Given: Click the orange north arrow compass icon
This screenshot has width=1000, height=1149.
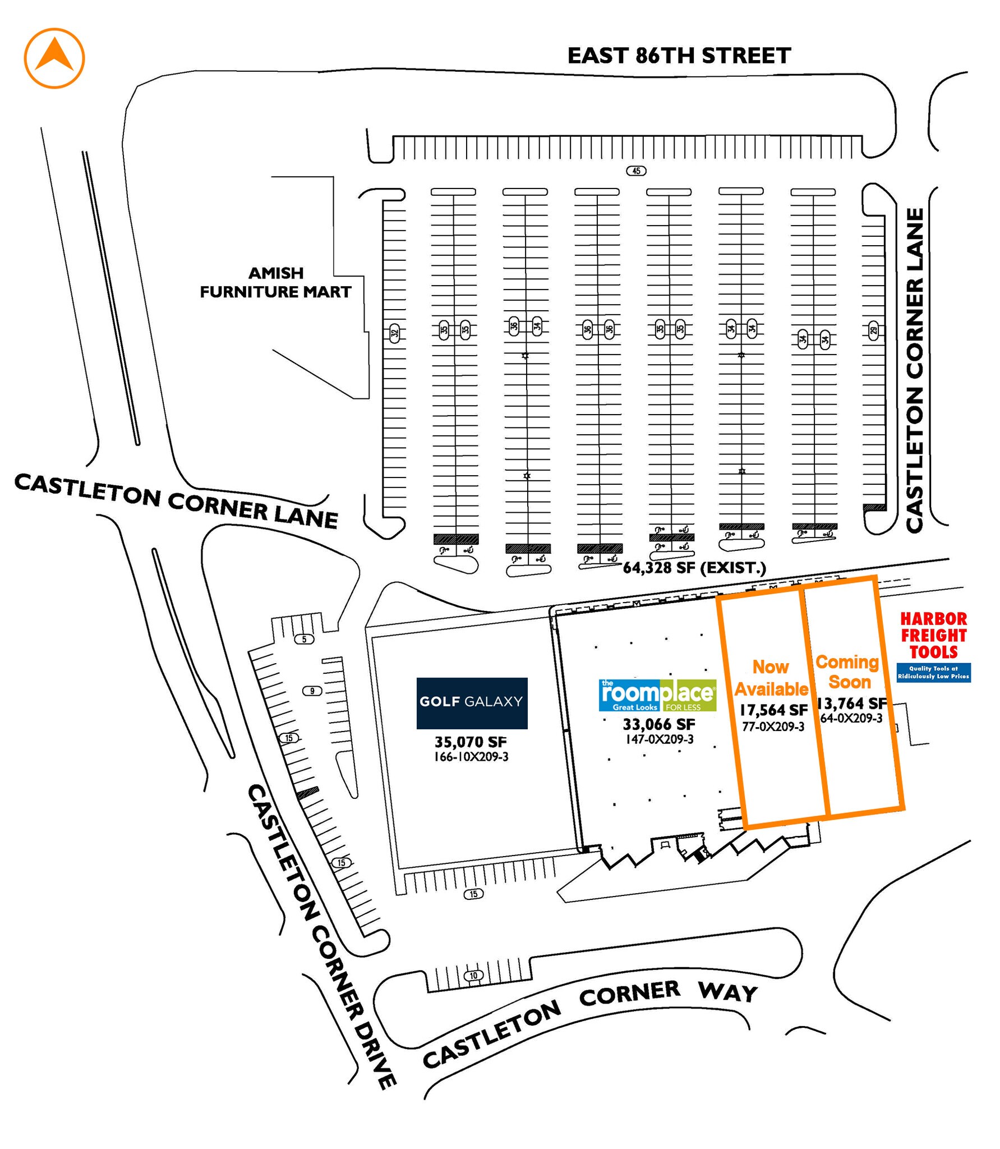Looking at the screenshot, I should click(54, 58).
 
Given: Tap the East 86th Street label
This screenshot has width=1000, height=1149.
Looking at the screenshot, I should click(679, 56).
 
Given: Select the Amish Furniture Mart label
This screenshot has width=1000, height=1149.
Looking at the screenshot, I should click(275, 282).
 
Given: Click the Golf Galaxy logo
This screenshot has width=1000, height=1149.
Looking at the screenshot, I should click(472, 703).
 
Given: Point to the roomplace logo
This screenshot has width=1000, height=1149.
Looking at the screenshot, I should click(658, 696).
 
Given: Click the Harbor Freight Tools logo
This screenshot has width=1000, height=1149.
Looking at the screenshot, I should click(933, 646).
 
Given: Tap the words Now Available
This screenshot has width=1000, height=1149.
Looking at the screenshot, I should click(771, 678).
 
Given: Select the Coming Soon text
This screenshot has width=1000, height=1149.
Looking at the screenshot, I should click(848, 672).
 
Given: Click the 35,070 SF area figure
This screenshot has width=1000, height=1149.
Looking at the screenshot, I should click(471, 742).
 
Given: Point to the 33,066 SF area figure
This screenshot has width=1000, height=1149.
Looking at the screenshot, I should click(659, 724).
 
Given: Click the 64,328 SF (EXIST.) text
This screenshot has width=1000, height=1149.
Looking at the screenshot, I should click(694, 568).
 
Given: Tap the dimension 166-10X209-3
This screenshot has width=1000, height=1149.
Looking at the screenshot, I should click(471, 757).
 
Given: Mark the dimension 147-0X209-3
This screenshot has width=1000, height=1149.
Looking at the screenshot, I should click(660, 739).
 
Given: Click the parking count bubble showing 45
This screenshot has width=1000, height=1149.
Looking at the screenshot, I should click(636, 171).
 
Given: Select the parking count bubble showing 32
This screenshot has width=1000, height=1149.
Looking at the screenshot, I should click(394, 333).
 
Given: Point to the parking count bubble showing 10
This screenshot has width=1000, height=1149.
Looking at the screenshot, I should click(473, 976).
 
